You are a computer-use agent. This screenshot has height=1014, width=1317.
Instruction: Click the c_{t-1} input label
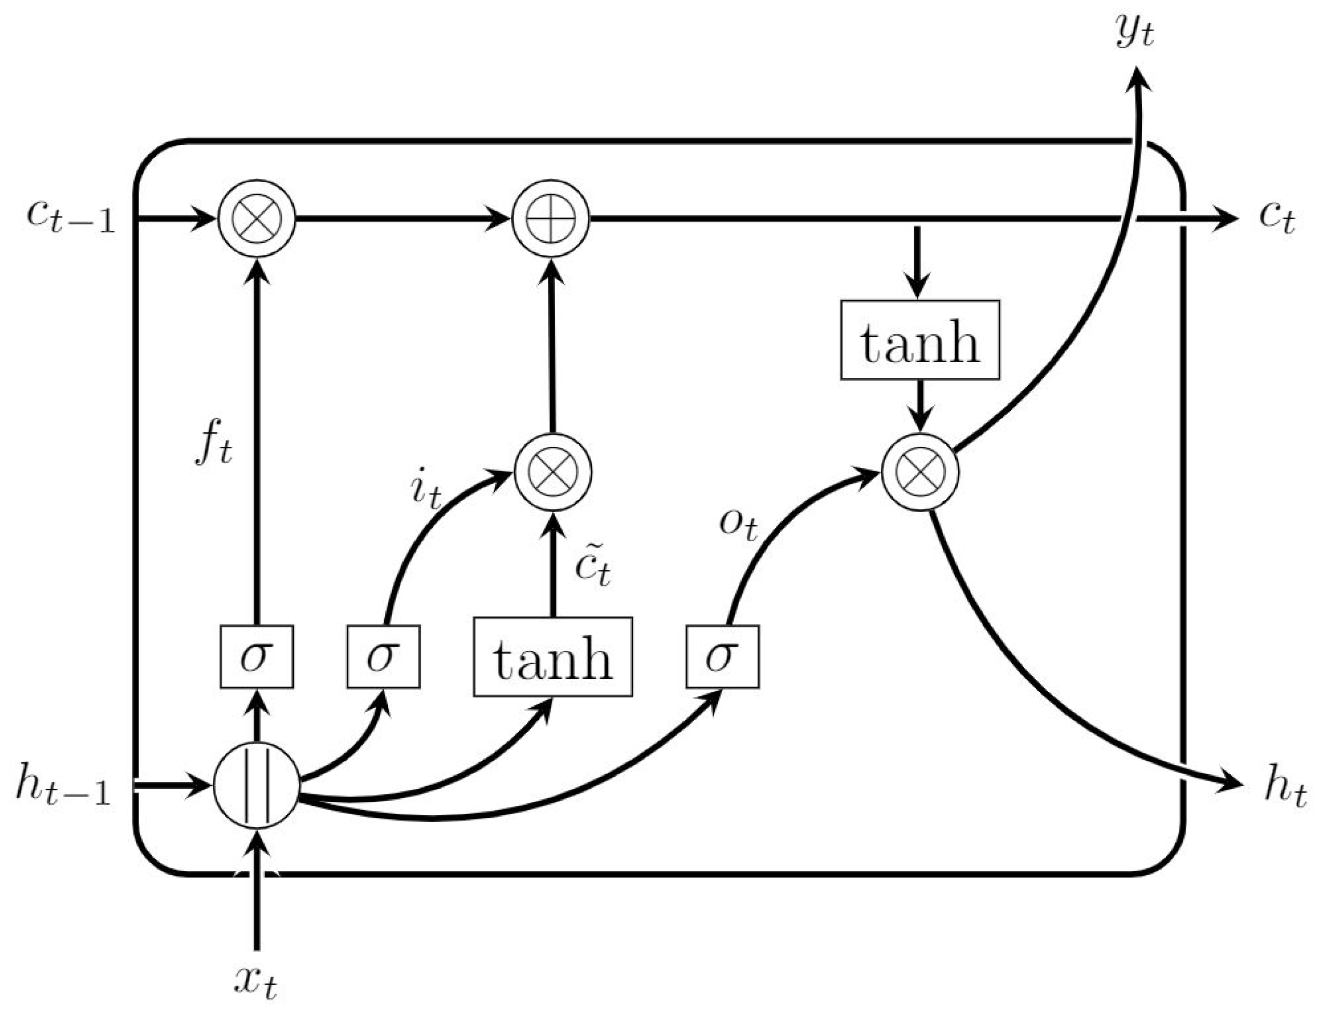71,217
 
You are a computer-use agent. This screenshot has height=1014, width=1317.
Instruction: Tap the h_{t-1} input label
63,786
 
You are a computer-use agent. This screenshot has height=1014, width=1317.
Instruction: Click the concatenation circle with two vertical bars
257,786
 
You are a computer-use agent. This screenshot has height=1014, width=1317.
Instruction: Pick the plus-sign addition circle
551,218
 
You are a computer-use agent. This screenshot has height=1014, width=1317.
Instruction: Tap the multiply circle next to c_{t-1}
257,218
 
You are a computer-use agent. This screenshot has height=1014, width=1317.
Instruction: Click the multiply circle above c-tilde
552,472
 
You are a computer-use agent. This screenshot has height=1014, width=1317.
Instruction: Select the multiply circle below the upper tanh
919,472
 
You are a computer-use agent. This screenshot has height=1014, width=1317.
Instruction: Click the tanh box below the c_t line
919,340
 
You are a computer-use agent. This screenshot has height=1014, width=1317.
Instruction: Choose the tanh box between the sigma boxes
552,656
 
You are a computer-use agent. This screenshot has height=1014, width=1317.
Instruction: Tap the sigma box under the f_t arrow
257,656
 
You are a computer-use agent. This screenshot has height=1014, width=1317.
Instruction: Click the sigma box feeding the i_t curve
383,656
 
